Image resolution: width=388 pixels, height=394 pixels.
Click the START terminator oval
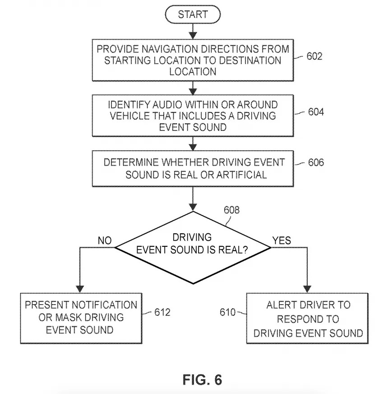[x=193, y=14]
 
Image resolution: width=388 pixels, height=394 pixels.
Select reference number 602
[x=314, y=56]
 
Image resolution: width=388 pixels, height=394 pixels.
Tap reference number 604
[x=316, y=112]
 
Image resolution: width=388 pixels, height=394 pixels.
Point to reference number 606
[x=316, y=162]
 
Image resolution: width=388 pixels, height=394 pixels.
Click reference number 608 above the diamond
[x=231, y=210]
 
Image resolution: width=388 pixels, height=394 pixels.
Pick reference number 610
[x=227, y=312]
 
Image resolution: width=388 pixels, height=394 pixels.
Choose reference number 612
[x=162, y=312]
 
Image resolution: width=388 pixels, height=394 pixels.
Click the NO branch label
[x=105, y=241]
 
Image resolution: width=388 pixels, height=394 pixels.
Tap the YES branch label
[x=282, y=241]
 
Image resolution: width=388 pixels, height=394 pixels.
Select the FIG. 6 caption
[x=202, y=380]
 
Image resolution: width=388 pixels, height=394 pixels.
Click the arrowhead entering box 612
[x=80, y=289]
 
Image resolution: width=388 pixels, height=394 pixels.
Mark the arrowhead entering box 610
[x=307, y=289]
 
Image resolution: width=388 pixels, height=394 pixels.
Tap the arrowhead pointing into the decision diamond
[x=193, y=207]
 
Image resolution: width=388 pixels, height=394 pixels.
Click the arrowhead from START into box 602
[x=193, y=36]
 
